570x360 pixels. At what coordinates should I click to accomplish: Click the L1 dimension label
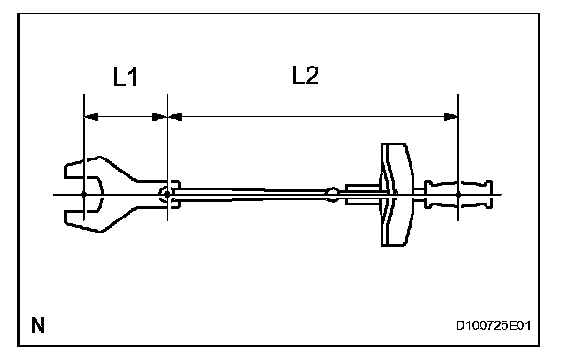tap(126, 77)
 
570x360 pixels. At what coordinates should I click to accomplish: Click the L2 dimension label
tap(306, 76)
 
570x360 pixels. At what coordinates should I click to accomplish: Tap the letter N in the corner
tap(37, 325)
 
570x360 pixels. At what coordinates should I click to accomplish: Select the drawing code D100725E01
tap(493, 325)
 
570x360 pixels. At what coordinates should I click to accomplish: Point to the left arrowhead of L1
tap(91, 117)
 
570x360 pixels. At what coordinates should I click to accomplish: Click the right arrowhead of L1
tap(159, 117)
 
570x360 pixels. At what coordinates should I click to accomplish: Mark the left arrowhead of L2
tap(175, 117)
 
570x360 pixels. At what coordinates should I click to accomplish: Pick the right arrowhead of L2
tap(451, 117)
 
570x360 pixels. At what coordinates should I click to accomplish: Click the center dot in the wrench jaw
tap(84, 195)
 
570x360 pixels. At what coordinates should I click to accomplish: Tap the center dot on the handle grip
tap(458, 195)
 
